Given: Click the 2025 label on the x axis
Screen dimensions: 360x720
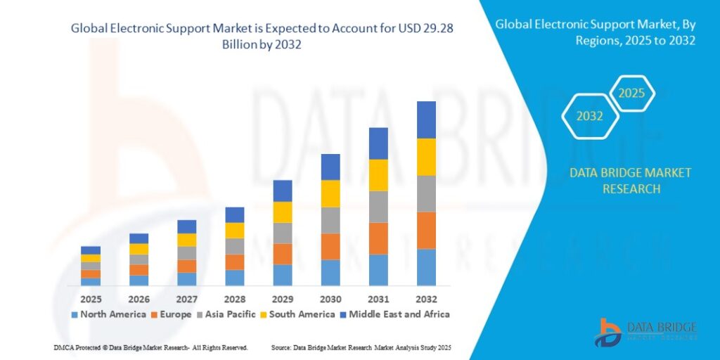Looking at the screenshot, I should [x=90, y=298].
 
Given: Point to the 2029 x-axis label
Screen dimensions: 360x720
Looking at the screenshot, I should [x=282, y=298].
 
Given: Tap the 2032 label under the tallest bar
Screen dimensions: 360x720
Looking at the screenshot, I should [x=426, y=298].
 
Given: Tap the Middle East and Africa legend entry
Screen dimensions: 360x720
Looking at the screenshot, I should [x=394, y=314].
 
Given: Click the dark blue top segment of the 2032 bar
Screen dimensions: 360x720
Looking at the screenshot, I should [x=426, y=120].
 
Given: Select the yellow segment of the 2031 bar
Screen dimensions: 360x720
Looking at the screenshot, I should [x=378, y=175].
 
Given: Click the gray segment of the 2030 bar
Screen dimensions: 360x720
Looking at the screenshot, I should [x=330, y=220].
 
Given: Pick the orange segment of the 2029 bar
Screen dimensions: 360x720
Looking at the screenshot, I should [x=283, y=254].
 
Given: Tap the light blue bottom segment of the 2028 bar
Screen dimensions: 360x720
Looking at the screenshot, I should [x=234, y=278].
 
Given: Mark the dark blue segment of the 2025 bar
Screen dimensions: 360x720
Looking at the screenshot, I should [x=90, y=250].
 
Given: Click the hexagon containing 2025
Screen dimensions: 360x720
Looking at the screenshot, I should [x=631, y=93].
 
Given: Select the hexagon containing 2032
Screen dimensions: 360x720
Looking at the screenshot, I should [x=590, y=116].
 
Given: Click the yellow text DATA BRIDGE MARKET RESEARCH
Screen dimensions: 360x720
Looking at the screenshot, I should [x=620, y=181].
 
